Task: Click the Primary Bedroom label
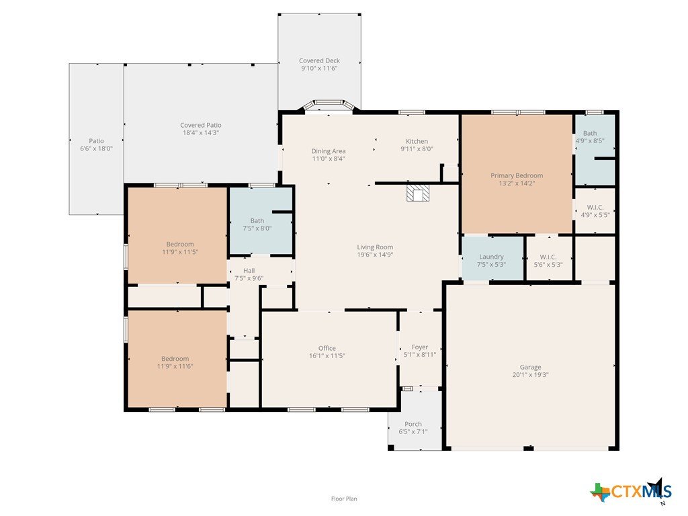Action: [517, 175]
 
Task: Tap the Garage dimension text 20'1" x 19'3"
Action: [530, 375]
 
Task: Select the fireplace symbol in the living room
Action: [417, 193]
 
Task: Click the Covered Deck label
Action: [319, 60]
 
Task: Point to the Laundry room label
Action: [491, 257]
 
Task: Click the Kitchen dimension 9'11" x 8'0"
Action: [417, 148]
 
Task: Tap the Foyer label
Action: [419, 347]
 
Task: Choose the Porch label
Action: [413, 424]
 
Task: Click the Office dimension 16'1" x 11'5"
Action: [327, 356]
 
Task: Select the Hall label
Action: [249, 271]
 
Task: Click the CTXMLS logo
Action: [631, 491]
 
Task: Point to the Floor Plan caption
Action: [344, 499]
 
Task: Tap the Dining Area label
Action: [328, 151]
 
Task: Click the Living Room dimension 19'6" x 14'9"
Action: [375, 255]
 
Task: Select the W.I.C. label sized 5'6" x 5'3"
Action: [548, 257]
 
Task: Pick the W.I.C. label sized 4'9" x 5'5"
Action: [595, 207]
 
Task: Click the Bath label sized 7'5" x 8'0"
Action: [257, 220]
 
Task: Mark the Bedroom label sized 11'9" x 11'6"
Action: [175, 359]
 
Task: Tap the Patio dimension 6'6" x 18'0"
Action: [96, 148]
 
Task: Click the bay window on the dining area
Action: [329, 105]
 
